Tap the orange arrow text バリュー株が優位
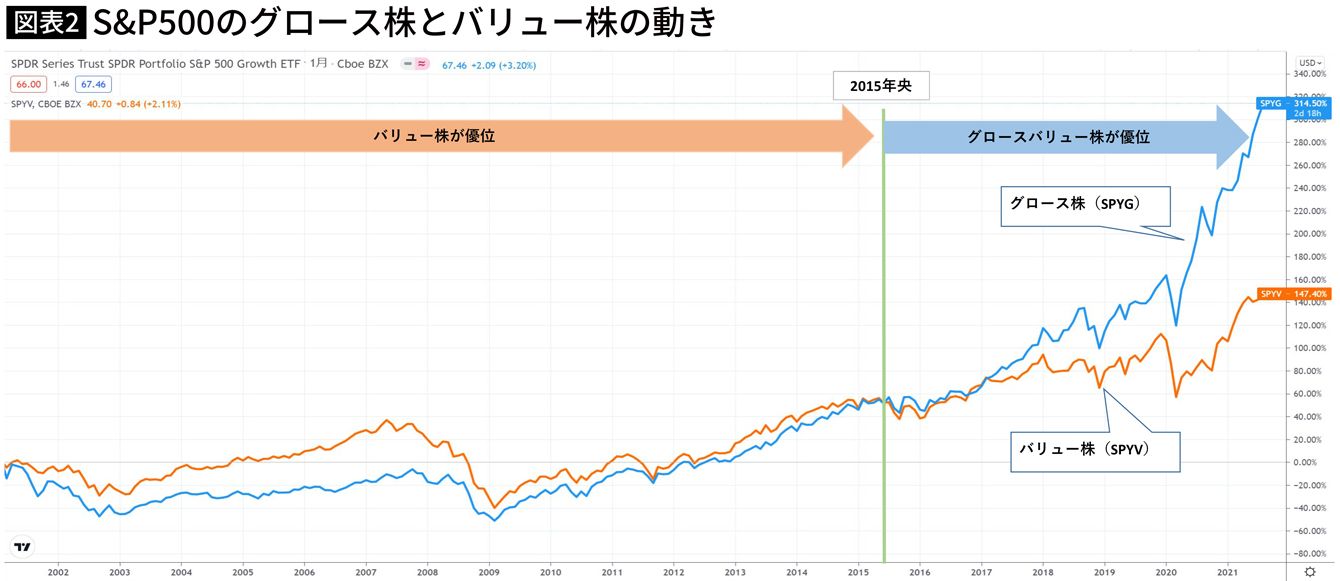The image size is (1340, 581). coord(434,136)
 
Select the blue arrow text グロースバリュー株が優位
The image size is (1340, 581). coord(1058,137)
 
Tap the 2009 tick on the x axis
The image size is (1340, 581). coord(489,573)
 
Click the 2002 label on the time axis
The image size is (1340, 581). coord(58,573)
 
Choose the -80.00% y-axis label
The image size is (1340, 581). coord(1308,553)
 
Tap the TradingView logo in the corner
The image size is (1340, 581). coord(22,547)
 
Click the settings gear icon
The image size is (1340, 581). coord(1310,573)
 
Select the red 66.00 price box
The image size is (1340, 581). coord(27,85)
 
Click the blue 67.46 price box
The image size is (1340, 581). coord(93,85)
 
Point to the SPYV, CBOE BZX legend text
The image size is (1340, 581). coord(45,103)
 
